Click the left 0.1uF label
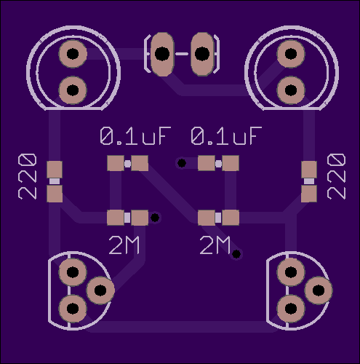[135, 135]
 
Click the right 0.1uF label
[226, 135]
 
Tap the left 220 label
[28, 176]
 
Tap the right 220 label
[336, 176]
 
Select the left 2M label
[124, 245]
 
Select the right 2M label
[215, 245]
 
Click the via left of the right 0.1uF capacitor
[182, 163]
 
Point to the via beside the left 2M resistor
[155, 218]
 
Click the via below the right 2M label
[236, 254]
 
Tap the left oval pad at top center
[162, 54]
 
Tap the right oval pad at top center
[202, 54]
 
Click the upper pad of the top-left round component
[73, 54]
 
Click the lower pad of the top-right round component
[291, 90]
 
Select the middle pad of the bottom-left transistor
[100, 290]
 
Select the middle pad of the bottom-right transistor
[319, 290]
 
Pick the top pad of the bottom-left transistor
[73, 272]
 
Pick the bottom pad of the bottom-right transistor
[291, 309]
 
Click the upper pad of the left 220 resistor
[55, 170]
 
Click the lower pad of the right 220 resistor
[309, 194]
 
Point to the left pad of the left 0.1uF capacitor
[116, 163]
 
